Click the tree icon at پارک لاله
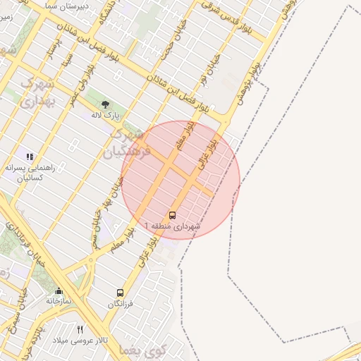[105, 104]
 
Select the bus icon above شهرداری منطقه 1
[173, 215]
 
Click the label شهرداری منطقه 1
[173, 226]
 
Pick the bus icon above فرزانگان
[120, 293]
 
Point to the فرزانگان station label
[120, 303]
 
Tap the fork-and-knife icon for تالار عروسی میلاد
[80, 329]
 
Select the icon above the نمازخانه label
[59, 290]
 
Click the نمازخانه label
[59, 301]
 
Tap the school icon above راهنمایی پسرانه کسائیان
[30, 157]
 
